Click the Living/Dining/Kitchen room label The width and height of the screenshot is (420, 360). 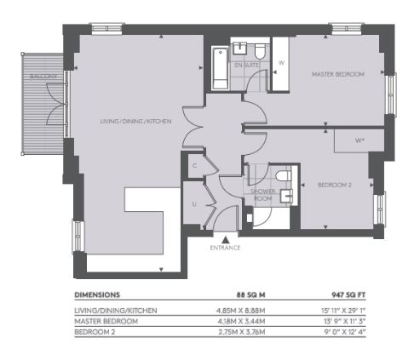135,122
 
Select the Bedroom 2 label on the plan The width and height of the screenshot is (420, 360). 335,185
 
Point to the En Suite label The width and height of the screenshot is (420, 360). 246,65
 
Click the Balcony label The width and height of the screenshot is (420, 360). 43,77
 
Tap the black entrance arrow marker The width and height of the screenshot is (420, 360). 226,240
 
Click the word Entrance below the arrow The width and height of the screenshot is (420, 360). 225,248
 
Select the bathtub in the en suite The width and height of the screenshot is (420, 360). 220,68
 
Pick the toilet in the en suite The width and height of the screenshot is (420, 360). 260,51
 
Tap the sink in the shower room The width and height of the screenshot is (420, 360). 286,197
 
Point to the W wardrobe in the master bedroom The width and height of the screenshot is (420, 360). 280,64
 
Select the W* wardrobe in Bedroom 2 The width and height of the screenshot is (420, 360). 360,140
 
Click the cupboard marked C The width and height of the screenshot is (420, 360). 196,166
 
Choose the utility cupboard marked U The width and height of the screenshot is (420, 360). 194,203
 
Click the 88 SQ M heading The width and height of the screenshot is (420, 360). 251,295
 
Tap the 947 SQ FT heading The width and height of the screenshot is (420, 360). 348,295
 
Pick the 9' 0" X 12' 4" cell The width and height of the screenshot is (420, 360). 344,332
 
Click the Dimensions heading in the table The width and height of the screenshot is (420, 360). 97,295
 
